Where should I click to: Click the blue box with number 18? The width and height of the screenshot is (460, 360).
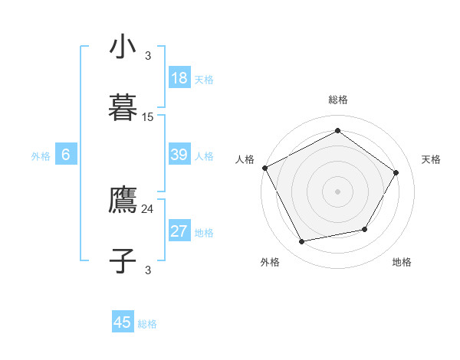(x=179, y=78)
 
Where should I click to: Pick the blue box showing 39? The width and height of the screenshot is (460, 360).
(x=179, y=155)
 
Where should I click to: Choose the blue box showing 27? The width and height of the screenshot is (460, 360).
(x=179, y=231)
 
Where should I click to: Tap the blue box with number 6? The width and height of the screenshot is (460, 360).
(x=66, y=155)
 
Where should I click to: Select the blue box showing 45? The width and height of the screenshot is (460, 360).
(x=123, y=322)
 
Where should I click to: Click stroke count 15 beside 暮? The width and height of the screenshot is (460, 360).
(x=148, y=117)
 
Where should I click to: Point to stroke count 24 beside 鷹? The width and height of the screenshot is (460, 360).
(x=148, y=208)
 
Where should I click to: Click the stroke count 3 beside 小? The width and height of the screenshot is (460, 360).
(x=148, y=55)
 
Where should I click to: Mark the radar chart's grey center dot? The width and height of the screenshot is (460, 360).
(x=337, y=191)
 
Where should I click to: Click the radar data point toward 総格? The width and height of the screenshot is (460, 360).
(x=337, y=131)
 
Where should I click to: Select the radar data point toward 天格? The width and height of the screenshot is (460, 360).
(x=396, y=172)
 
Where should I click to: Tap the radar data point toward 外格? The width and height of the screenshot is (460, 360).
(x=302, y=242)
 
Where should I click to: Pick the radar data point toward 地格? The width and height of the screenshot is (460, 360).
(x=365, y=229)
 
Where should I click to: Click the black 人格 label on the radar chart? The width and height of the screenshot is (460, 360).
(x=245, y=159)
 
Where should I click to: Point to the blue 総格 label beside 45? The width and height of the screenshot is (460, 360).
(x=147, y=324)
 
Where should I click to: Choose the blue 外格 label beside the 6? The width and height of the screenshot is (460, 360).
(x=41, y=156)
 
